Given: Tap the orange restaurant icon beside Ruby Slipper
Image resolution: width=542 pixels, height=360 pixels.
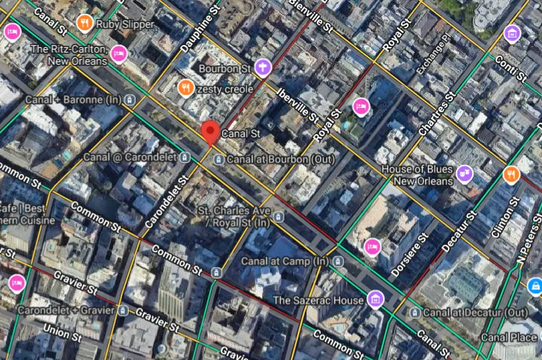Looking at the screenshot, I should click(x=85, y=23).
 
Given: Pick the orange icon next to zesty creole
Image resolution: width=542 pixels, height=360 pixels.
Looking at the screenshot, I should click(x=185, y=88).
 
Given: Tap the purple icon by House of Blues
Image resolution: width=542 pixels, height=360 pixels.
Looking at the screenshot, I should click(x=464, y=175).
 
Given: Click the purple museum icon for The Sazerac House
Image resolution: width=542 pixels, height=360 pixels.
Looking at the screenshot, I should click(x=375, y=298).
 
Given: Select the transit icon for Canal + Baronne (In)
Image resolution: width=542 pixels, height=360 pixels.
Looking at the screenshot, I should click(x=131, y=100).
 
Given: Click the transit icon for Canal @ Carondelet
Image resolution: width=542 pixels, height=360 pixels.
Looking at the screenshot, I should click(x=185, y=157).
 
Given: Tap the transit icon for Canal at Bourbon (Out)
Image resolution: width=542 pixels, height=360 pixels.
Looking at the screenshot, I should click(x=219, y=160).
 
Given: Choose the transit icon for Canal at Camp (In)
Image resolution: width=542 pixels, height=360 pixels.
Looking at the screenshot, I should click(x=339, y=261).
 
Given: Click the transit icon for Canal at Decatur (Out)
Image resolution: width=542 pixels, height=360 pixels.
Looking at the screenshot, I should click(x=415, y=313).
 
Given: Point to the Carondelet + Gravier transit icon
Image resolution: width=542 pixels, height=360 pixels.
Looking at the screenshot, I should click(x=123, y=310).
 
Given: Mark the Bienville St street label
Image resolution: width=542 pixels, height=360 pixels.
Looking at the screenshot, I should click(x=311, y=15).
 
